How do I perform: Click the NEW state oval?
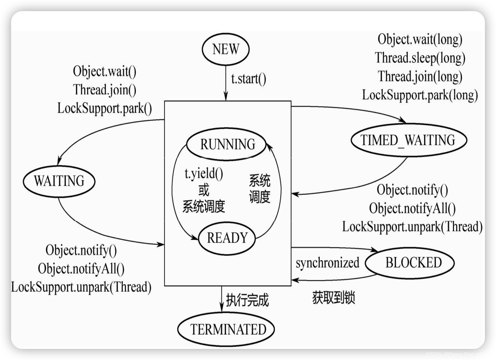coord(226,49)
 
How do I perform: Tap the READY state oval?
coord(227,238)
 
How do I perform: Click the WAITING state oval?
coord(59,181)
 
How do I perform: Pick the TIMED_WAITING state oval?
coord(408,140)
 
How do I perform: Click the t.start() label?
coord(249,79)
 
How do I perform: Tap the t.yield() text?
coord(204,174)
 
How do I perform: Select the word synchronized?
coord(327,263)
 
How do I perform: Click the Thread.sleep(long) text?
coord(420,58)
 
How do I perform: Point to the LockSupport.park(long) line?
coord(420,95)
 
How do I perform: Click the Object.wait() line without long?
coord(104,71)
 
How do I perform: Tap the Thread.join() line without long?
coord(104,90)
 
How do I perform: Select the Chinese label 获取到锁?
coord(334,298)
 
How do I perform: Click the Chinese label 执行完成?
coord(247,300)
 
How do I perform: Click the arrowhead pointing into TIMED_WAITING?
coord(402,120)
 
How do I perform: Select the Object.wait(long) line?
coord(420,40)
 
